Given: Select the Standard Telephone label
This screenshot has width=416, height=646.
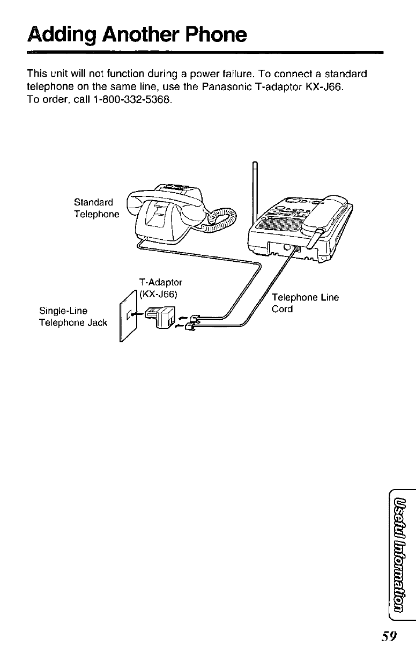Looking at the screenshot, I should pos(96,208).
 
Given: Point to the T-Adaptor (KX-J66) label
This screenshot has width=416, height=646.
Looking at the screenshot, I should pos(160,288).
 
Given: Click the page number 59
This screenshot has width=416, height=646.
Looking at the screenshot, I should pos(386,635).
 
